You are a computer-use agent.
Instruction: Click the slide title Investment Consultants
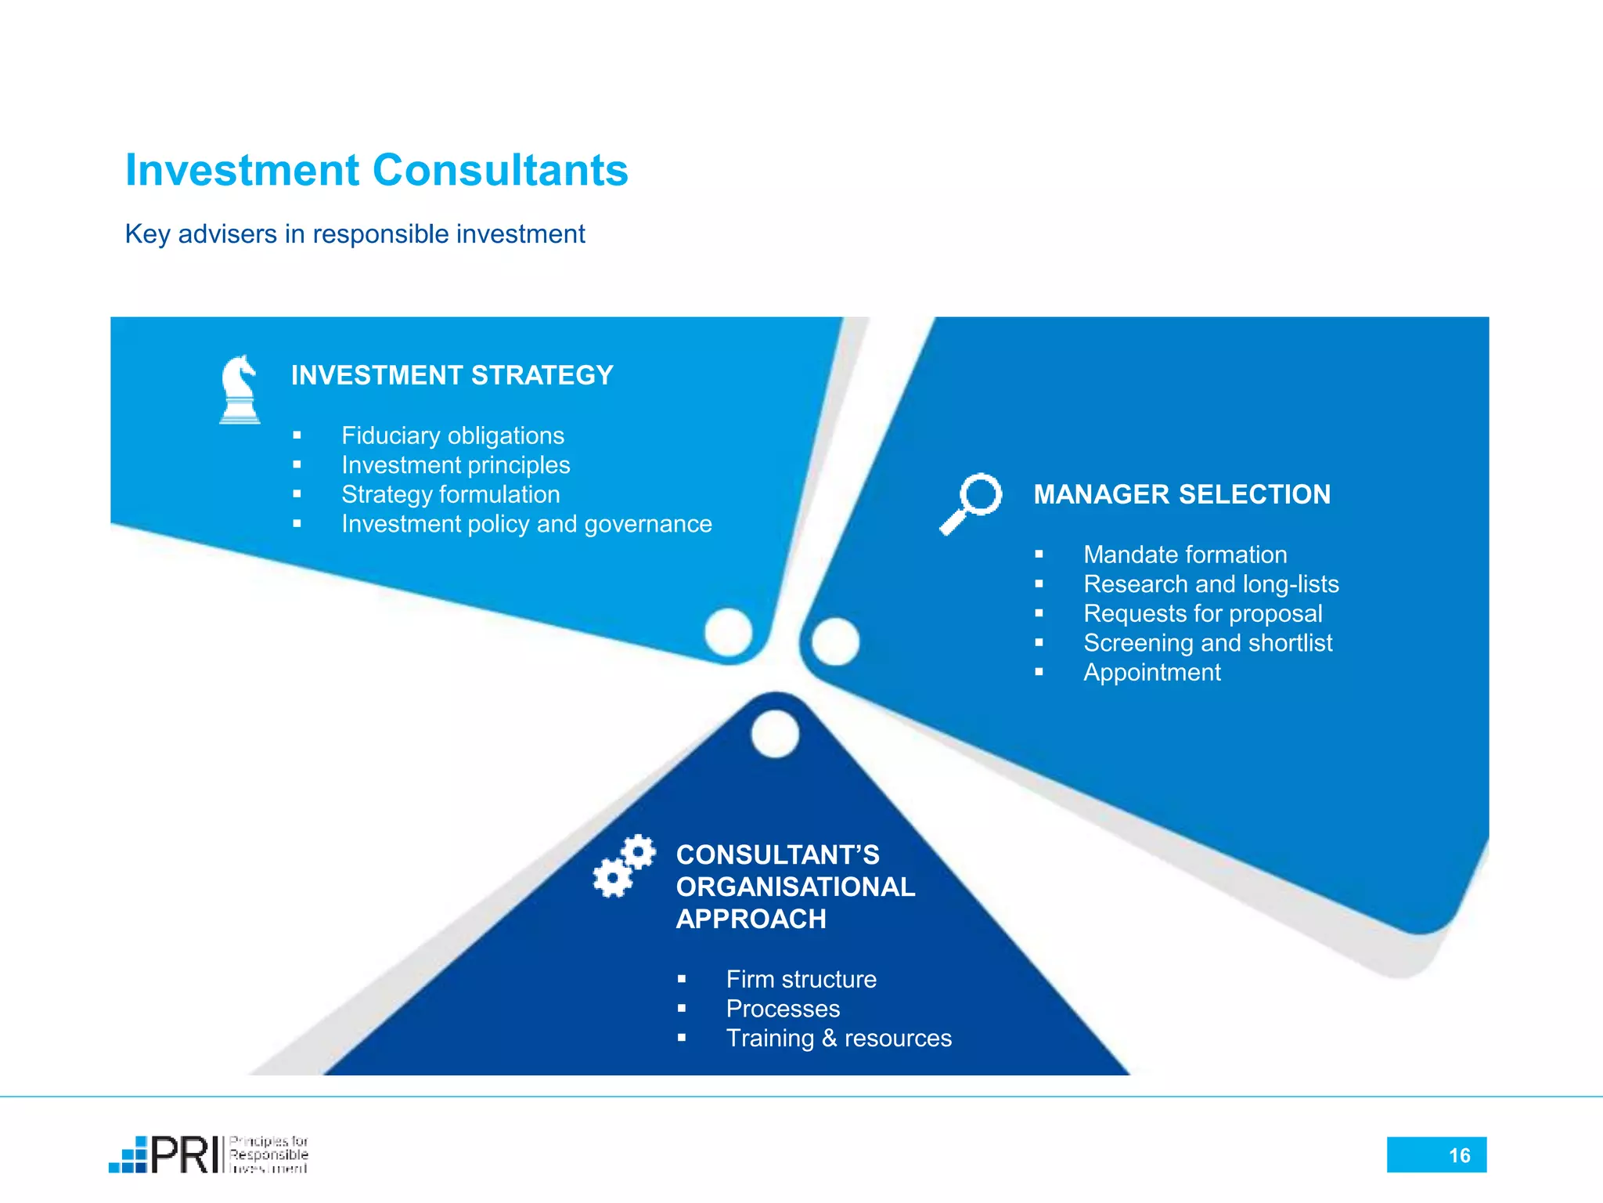pos(376,170)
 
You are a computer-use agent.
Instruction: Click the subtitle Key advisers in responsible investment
pos(355,233)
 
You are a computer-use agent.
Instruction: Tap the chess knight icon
pos(240,389)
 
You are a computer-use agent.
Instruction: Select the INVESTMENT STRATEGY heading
pos(452,375)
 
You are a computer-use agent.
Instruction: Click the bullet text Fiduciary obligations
pos(452,435)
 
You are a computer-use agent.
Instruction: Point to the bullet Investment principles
pos(456,465)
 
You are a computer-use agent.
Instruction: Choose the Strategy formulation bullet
pos(450,494)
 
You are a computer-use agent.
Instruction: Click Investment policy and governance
pos(526,524)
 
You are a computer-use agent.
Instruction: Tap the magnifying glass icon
pos(971,503)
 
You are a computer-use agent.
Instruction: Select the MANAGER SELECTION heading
pos(1181,494)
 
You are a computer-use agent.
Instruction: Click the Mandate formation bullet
pos(1185,555)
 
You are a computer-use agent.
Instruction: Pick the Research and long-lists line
pos(1211,584)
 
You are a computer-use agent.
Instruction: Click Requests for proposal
pos(1202,613)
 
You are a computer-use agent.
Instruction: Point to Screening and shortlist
pos(1207,643)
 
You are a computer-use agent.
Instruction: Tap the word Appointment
pos(1151,672)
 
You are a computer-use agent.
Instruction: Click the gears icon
pos(624,865)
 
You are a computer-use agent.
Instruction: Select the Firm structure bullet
pos(801,979)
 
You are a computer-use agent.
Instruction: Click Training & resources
pos(838,1038)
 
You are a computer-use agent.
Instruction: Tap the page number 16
pos(1459,1155)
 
